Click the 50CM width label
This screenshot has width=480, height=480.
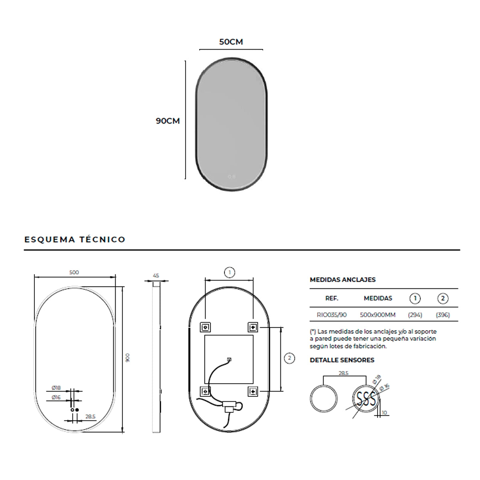pos(231,42)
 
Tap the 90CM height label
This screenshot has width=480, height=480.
pos(168,121)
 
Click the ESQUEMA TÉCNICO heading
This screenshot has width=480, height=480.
pos(75,239)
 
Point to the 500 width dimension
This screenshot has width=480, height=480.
pos(74,272)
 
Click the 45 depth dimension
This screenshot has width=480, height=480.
pos(156,276)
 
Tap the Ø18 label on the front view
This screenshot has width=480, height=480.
pos(56,388)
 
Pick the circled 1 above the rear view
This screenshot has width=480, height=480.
pos(229,273)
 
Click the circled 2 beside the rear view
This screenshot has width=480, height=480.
pos(289,358)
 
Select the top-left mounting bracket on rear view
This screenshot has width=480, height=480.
pos(205,327)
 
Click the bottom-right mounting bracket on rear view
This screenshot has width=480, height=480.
pos(253,391)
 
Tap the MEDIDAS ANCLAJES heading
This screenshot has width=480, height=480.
pos(342,280)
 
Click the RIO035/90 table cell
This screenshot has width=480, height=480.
pos(332,315)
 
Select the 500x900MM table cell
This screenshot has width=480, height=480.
pos(378,315)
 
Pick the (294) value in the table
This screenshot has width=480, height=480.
pos(415,315)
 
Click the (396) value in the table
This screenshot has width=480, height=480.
pos(443,315)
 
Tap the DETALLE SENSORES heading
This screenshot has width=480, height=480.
pos(342,360)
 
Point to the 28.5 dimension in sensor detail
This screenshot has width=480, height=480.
pos(343,373)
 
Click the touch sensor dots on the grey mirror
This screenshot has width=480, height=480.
pos(232,176)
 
